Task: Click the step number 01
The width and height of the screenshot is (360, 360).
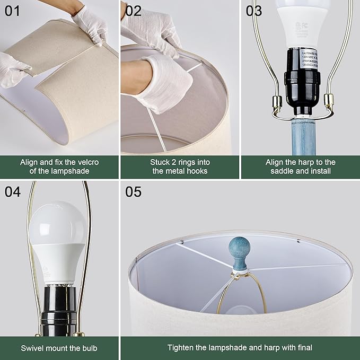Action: tap(12, 10)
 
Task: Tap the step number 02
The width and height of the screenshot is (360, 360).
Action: tap(133, 10)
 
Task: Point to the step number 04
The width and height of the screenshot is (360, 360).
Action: tap(12, 191)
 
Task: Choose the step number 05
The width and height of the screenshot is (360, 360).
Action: tap(134, 191)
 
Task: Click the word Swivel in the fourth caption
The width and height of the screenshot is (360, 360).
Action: tap(33, 348)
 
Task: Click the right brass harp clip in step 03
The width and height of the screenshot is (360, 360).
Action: tap(329, 101)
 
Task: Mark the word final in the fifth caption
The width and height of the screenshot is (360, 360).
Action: tap(303, 348)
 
